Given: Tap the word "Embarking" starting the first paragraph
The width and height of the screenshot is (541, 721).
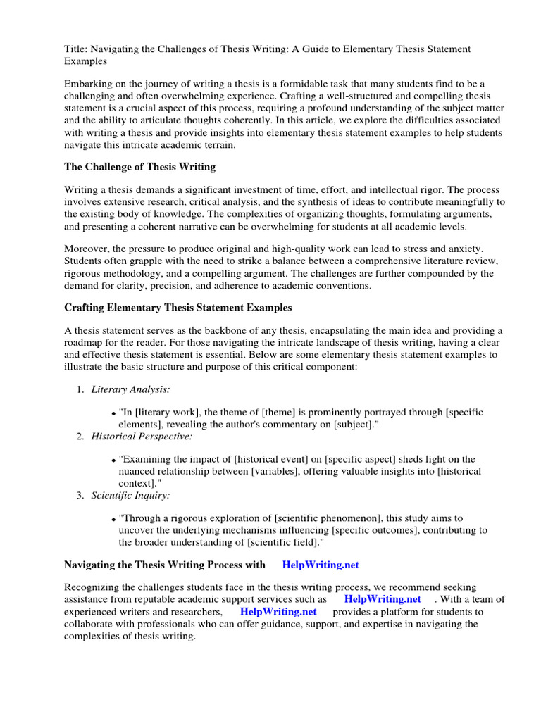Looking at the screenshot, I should pyautogui.click(x=87, y=84).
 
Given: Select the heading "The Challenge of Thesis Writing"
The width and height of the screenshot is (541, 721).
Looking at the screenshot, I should pyautogui.click(x=139, y=167).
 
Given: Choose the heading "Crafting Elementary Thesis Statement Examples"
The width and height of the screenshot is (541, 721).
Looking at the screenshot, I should pyautogui.click(x=178, y=308).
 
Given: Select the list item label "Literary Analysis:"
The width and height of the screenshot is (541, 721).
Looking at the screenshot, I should pyautogui.click(x=130, y=389).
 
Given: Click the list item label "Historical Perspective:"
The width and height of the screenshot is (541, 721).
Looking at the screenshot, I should pyautogui.click(x=141, y=437).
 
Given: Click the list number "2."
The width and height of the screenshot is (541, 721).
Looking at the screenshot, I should pyautogui.click(x=80, y=437).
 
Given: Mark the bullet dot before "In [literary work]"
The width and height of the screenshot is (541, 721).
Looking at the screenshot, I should pyautogui.click(x=113, y=413).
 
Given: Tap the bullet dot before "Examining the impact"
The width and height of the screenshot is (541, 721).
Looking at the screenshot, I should pyautogui.click(x=113, y=460).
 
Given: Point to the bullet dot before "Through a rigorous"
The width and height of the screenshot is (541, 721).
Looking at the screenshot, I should pyautogui.click(x=113, y=519).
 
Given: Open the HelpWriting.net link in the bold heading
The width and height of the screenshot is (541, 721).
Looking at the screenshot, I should pyautogui.click(x=321, y=565).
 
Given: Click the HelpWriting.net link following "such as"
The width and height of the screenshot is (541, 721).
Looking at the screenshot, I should pyautogui.click(x=383, y=599).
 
